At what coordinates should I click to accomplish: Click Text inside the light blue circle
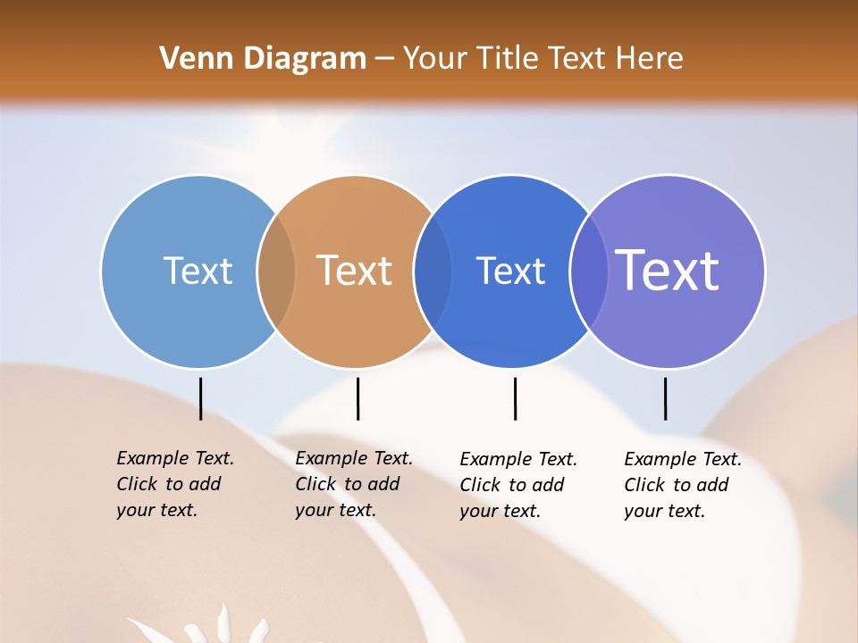(x=198, y=271)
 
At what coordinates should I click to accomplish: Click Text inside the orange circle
(x=355, y=271)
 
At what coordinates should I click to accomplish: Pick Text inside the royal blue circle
(x=510, y=271)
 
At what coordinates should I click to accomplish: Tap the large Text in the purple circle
(x=668, y=271)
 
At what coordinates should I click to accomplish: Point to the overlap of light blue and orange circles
(x=276, y=271)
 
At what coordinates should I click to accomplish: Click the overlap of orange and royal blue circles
(x=433, y=271)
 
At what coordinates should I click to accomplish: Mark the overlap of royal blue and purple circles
(x=589, y=271)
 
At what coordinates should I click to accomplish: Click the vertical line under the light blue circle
(x=200, y=398)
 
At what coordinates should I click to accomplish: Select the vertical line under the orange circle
(x=357, y=398)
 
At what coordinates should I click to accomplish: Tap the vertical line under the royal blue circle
(x=515, y=398)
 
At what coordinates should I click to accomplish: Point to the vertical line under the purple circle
(x=665, y=398)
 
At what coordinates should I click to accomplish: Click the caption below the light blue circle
(x=174, y=484)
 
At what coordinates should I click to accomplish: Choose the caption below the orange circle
(x=353, y=484)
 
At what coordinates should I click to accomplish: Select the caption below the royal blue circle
(x=517, y=485)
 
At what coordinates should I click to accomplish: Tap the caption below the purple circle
(x=682, y=485)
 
